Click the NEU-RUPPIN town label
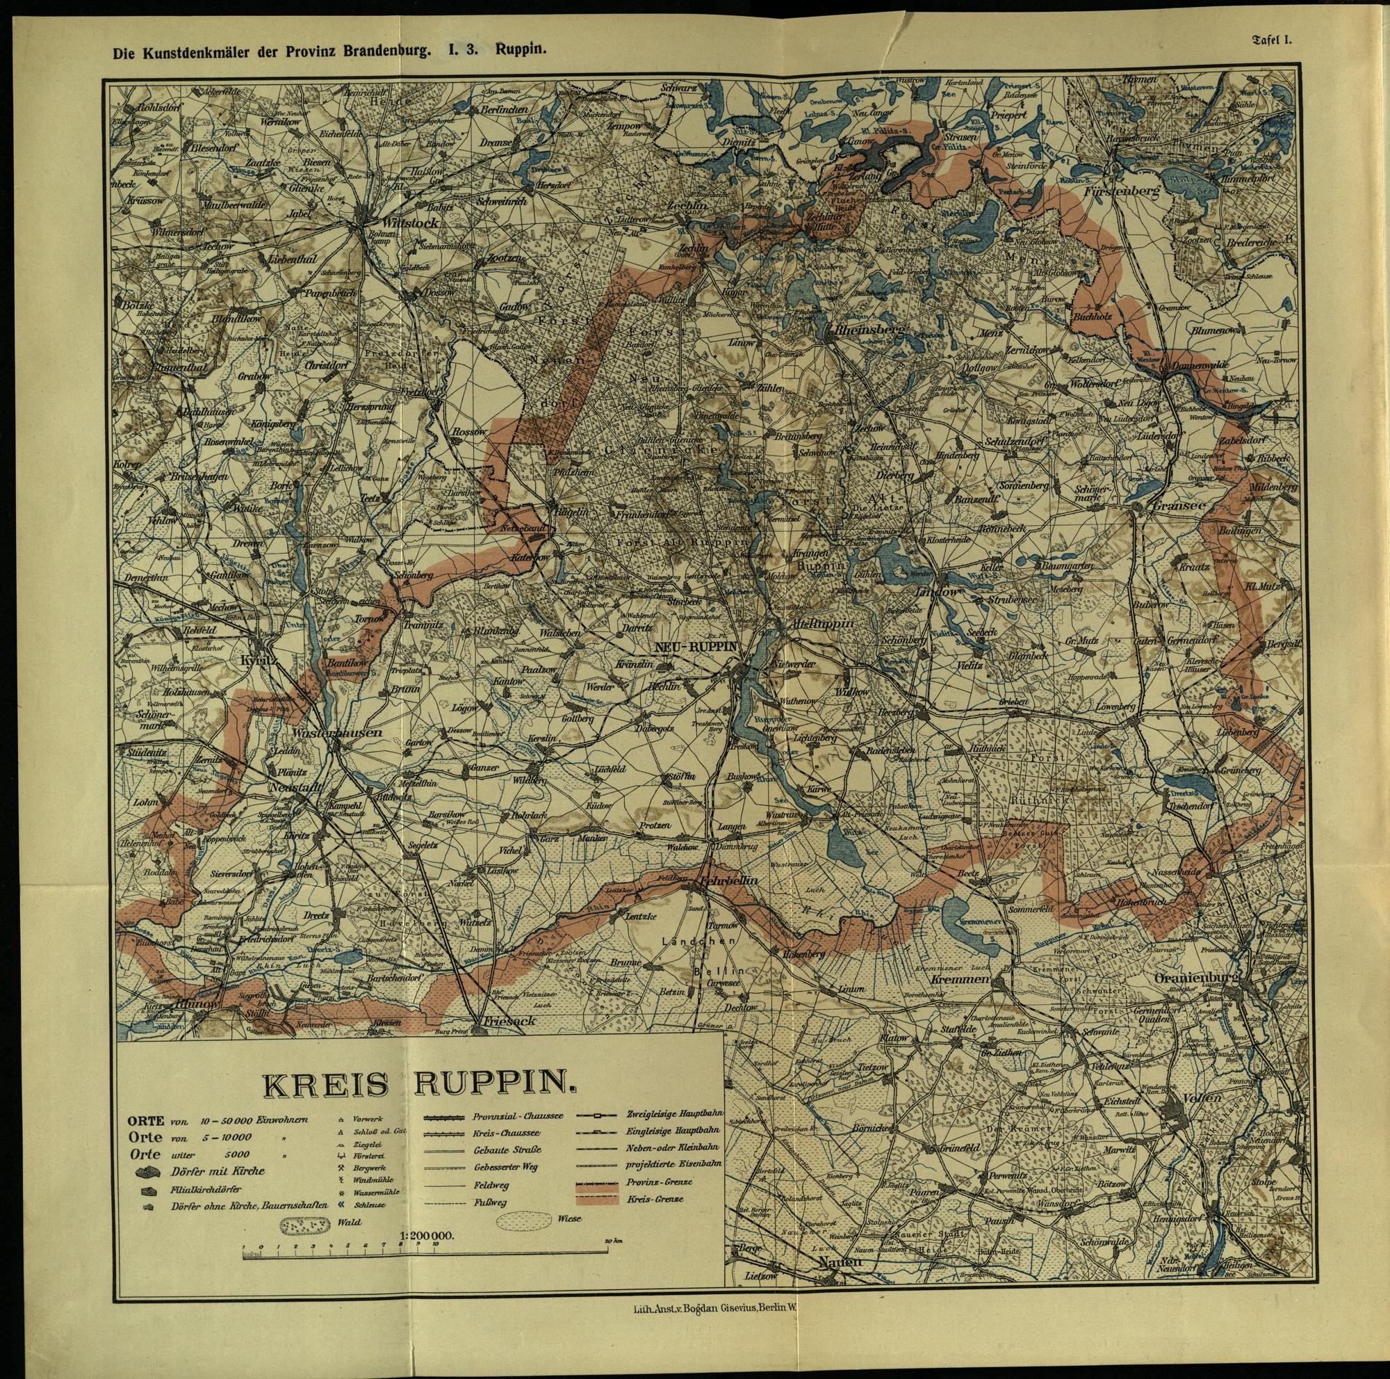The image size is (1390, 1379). coord(696,646)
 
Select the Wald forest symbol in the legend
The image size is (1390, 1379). coord(308,1221)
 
